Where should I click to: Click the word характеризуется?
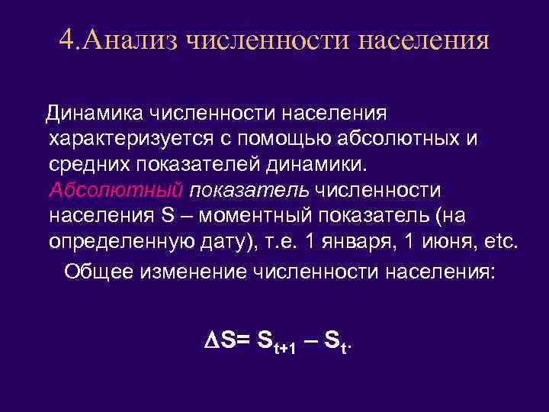[x=134, y=140]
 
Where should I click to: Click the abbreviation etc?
[x=499, y=241]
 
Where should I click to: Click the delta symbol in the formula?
[x=213, y=343]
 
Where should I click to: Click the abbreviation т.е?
[x=279, y=241]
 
